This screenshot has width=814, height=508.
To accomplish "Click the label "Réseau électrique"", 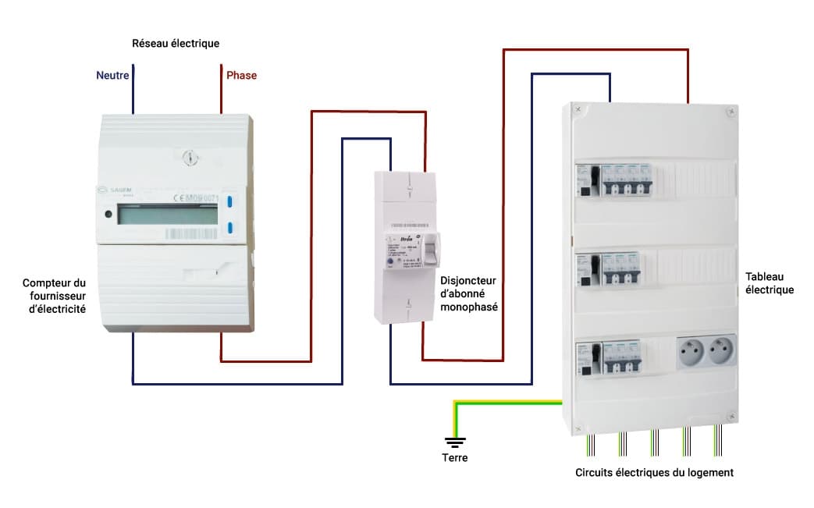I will pyautogui.click(x=176, y=43).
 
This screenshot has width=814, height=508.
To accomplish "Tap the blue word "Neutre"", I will pyautogui.click(x=112, y=76).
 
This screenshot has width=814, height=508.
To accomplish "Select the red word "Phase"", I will pyautogui.click(x=241, y=76).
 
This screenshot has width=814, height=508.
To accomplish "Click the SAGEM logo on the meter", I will pyautogui.click(x=116, y=188).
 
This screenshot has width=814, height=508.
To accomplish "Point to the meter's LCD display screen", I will pyautogui.click(x=167, y=215).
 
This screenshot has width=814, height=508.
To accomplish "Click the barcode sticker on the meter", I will pyautogui.click(x=191, y=233).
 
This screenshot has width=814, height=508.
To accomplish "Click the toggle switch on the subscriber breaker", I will pyautogui.click(x=430, y=250).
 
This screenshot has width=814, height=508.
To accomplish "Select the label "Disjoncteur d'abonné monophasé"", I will pyautogui.click(x=468, y=293).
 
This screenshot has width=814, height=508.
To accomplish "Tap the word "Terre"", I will pyautogui.click(x=454, y=457).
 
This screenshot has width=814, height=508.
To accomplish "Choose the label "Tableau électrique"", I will pyautogui.click(x=769, y=283).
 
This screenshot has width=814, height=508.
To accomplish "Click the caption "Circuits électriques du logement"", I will pyautogui.click(x=654, y=472).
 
